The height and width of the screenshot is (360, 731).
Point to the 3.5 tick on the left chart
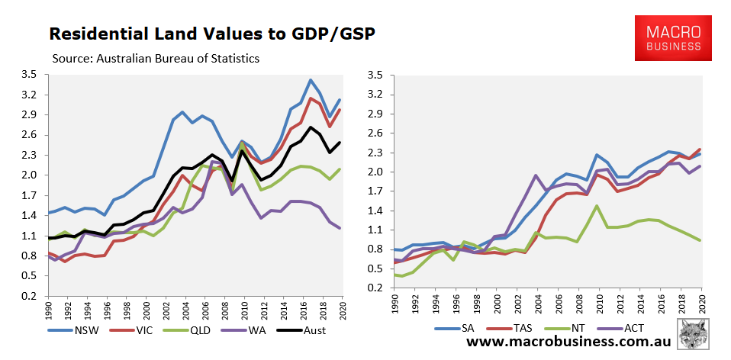tap(30, 75)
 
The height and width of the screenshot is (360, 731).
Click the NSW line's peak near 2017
tap(310, 80)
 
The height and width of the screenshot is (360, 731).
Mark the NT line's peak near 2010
tap(596, 205)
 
